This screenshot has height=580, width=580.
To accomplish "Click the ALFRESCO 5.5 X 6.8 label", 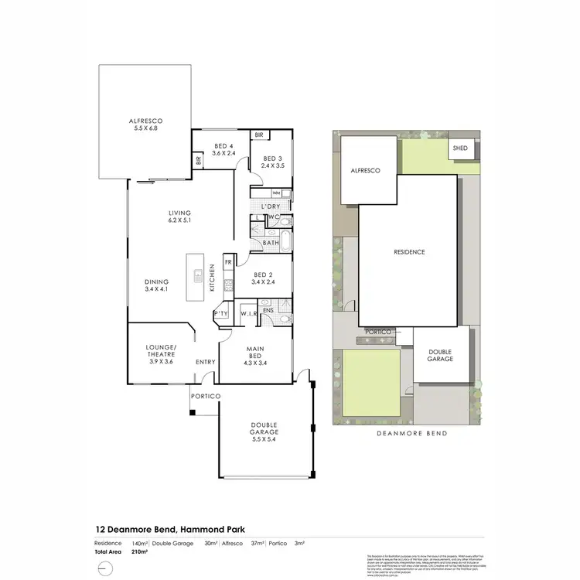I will [146, 125].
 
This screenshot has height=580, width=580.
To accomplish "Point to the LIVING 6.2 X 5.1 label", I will [180, 217].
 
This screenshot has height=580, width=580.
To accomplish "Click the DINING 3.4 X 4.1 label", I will [155, 285].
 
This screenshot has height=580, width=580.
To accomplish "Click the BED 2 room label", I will [264, 278].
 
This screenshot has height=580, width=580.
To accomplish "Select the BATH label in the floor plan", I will [271, 243].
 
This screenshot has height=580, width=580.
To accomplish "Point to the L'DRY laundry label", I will [270, 206].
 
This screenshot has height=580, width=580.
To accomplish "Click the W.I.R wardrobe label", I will [247, 313].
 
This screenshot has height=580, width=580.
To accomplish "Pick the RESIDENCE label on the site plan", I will [409, 252].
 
